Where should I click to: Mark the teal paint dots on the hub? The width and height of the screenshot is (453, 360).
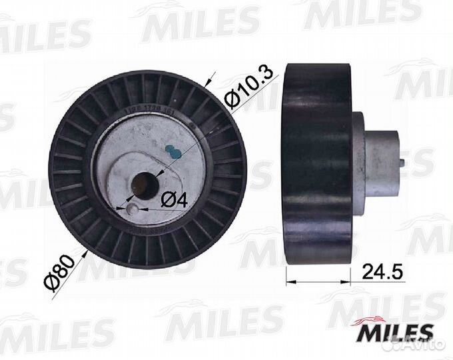pyautogui.click(x=173, y=151)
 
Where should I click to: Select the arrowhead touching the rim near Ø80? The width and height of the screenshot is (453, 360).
pyautogui.click(x=87, y=251)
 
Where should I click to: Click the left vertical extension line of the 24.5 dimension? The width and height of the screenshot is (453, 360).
pyautogui.click(x=286, y=267)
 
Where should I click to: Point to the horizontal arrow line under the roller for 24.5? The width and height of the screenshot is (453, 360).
pyautogui.click(x=318, y=283)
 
